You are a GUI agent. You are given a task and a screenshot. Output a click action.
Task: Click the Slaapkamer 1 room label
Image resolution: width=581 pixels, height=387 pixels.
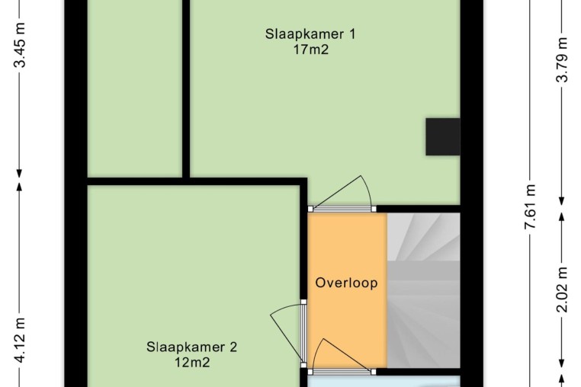click(310, 34)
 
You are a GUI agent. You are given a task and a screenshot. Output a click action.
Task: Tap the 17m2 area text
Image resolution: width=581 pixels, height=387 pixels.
click(311, 50)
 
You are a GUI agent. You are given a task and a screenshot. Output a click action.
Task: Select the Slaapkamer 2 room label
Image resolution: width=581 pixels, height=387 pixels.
click(191, 347)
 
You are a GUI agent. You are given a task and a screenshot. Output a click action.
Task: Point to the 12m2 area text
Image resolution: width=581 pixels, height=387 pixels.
click(192, 362)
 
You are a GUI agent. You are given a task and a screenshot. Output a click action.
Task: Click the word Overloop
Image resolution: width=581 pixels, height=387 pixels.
click(346, 283)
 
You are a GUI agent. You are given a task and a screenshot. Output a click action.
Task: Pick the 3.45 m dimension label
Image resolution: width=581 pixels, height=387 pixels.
click(20, 45)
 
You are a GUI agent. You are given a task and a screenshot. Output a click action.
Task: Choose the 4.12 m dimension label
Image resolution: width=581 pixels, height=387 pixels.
click(20, 341)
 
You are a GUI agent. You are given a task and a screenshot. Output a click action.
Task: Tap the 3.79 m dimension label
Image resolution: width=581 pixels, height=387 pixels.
click(562, 59)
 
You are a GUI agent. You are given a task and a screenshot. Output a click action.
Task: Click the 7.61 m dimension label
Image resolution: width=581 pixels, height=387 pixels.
click(530, 206)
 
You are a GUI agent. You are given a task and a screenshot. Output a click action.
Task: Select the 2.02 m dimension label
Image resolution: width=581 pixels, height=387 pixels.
click(562, 289)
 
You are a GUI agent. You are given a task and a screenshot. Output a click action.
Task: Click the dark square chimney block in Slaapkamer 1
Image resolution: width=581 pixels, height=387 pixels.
click(443, 136)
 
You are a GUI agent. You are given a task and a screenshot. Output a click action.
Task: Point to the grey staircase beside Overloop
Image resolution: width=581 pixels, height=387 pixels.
click(423, 290)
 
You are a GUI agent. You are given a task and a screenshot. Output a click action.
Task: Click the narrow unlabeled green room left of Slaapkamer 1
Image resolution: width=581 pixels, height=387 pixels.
click(135, 88)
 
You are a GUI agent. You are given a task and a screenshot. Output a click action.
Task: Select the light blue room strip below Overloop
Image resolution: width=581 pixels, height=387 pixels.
click(384, 382)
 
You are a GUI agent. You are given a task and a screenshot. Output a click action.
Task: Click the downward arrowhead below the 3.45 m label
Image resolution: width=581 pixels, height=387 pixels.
click(20, 174)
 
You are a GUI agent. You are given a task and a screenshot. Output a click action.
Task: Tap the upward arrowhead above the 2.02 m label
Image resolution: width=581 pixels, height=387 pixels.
click(562, 217)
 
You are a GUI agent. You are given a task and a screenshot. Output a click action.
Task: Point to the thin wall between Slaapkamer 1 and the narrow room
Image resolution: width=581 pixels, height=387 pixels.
click(186, 89)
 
